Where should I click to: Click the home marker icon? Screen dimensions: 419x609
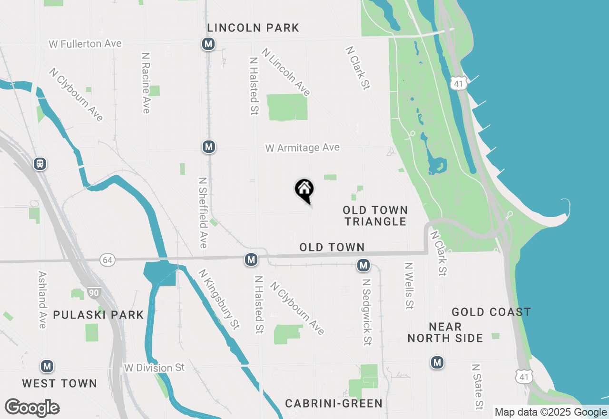pyautogui.click(x=304, y=190)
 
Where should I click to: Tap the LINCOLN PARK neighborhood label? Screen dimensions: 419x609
pyautogui.click(x=253, y=28)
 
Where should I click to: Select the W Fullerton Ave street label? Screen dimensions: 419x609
pyautogui.click(x=85, y=44)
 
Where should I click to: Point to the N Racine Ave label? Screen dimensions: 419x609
pyautogui.click(x=146, y=82)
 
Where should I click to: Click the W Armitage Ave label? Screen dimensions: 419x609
pyautogui.click(x=303, y=148)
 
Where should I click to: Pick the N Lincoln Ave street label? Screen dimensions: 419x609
pyautogui.click(x=285, y=72)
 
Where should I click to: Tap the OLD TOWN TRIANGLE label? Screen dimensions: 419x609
pyautogui.click(x=375, y=216)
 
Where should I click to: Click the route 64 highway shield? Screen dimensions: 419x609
pyautogui.click(x=108, y=260)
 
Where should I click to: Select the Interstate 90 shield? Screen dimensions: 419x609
pyautogui.click(x=94, y=292)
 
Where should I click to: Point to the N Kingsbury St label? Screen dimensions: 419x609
pyautogui.click(x=219, y=300)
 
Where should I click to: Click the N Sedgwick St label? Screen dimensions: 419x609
pyautogui.click(x=366, y=312)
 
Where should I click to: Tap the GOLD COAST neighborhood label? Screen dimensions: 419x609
pyautogui.click(x=491, y=312)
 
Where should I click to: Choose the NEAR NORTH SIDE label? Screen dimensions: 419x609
pyautogui.click(x=445, y=332)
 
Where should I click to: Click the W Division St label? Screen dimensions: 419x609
pyautogui.click(x=154, y=368)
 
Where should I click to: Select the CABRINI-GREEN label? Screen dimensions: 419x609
pyautogui.click(x=334, y=404)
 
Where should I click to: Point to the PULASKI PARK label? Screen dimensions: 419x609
pyautogui.click(x=98, y=315)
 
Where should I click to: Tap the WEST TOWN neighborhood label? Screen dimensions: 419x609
pyautogui.click(x=59, y=383)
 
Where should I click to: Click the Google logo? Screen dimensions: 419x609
pyautogui.click(x=32, y=408)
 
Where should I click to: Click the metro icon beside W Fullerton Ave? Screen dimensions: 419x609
pyautogui.click(x=208, y=44)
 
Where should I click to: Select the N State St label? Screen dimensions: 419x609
pyautogui.click(x=477, y=387)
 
